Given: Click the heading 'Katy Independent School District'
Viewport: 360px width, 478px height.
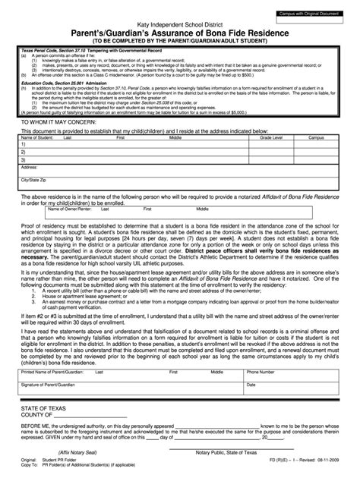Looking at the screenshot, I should coord(180,26).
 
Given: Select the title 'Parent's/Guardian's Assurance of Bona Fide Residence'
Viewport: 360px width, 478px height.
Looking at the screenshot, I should coord(180,34).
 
